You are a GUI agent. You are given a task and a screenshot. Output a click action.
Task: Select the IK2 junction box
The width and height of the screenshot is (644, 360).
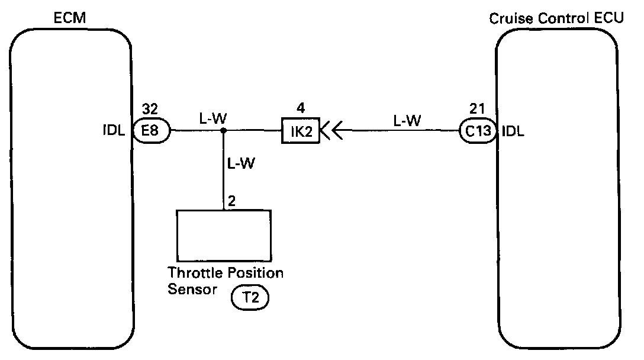(300, 130)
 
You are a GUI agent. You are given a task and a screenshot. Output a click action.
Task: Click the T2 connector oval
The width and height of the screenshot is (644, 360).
(249, 299)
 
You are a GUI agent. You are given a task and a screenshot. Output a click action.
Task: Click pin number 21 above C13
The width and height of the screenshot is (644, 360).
(477, 110)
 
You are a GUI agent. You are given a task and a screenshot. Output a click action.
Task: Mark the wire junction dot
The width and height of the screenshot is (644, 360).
(223, 130)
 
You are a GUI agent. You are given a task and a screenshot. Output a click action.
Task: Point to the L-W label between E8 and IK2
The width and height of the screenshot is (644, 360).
(212, 118)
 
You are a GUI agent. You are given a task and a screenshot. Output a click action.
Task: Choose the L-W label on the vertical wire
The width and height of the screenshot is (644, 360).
(241, 163)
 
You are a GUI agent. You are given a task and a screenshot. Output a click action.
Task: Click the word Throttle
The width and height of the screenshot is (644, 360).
(191, 274)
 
